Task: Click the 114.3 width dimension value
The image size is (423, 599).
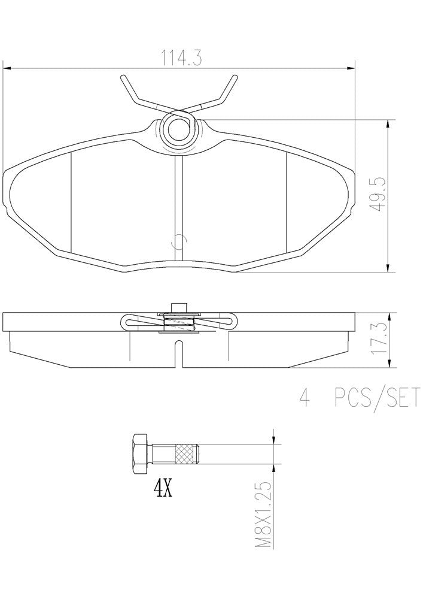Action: [x=179, y=58]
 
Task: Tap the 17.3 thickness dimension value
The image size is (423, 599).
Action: [x=378, y=340]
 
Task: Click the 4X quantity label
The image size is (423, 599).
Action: [x=163, y=489]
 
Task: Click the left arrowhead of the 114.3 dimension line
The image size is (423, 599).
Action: [x=7, y=68]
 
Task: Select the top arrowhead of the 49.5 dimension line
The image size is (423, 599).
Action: [x=389, y=123]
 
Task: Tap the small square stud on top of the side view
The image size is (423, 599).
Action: [x=178, y=307]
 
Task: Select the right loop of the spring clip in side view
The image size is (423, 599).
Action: [x=232, y=322]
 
